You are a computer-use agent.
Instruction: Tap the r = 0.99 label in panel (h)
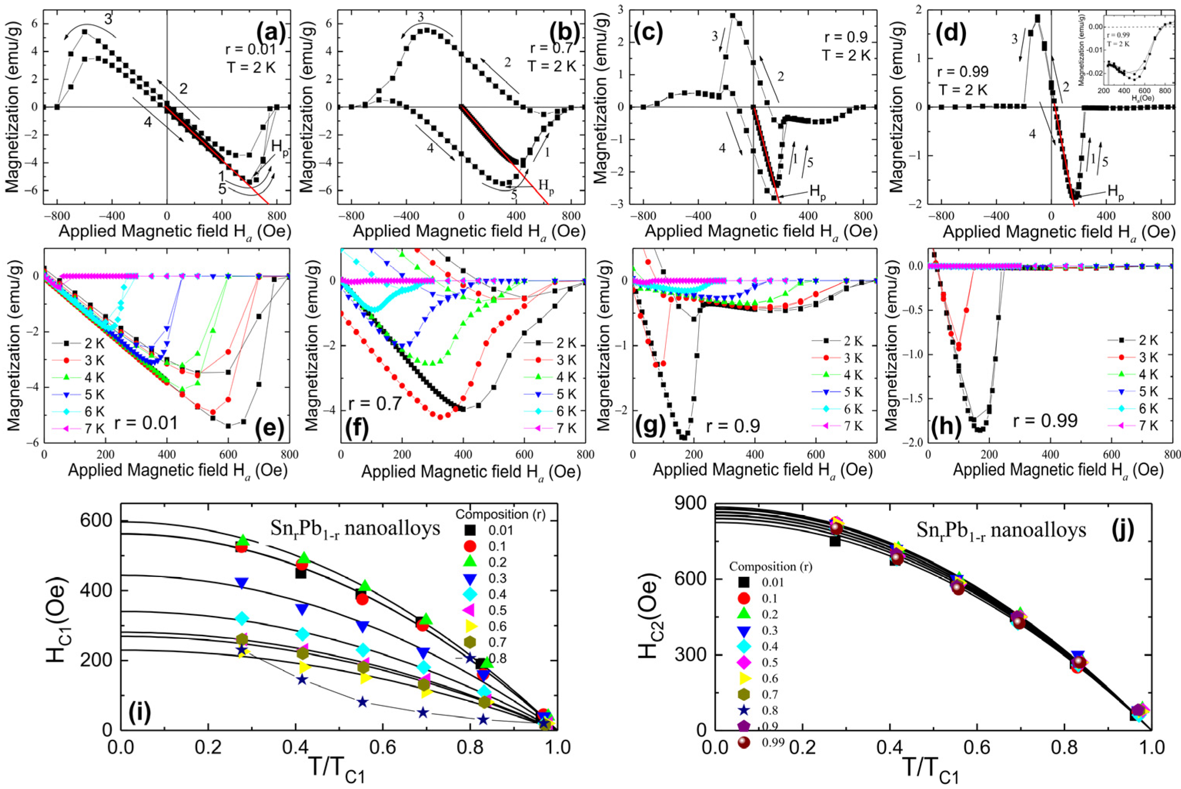point(1049,420)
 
